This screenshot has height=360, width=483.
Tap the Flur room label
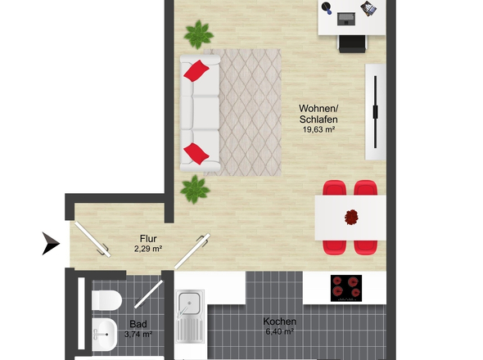148,239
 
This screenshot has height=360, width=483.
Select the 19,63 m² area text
318,129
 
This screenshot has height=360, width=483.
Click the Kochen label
279,322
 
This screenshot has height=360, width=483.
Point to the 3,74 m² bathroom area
138,334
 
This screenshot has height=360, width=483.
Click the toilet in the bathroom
107,300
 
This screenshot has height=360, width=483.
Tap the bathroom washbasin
105,334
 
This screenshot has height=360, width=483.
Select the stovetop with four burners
346,288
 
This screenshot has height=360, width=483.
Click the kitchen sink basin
189,303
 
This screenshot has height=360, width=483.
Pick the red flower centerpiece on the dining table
351,217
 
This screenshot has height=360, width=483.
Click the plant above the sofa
199,34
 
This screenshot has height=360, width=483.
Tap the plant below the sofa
195,189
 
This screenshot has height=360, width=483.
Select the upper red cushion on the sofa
196,71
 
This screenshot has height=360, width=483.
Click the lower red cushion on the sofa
196,154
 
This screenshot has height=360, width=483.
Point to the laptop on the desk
346,19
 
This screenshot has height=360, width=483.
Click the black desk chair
352,43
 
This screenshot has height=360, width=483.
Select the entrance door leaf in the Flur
93,240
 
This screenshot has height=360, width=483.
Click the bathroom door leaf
148,294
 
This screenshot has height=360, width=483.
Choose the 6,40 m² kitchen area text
279,331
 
